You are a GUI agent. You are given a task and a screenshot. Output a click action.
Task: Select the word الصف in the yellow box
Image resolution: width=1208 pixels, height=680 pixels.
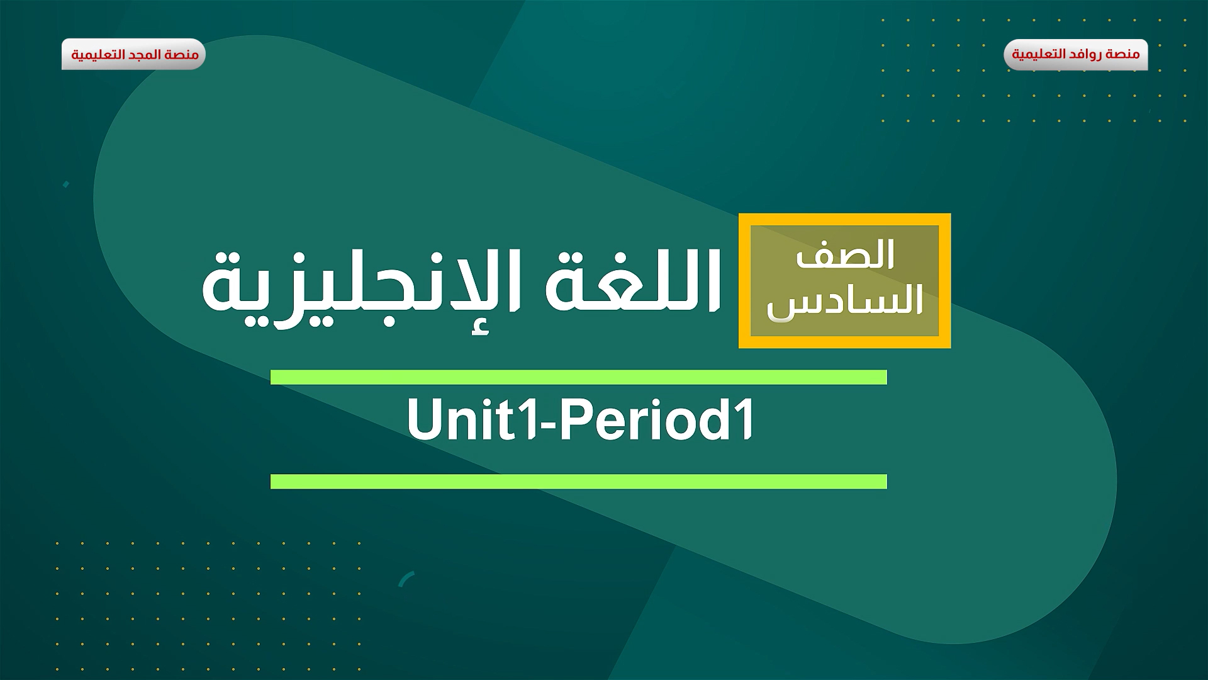click(x=845, y=256)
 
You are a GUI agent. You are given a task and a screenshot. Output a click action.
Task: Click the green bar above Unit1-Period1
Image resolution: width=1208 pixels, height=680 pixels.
click(x=578, y=377)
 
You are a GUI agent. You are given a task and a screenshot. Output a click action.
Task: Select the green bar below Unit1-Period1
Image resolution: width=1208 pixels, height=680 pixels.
click(x=578, y=482)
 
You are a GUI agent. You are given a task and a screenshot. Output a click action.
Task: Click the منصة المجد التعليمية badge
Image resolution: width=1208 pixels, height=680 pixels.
click(x=133, y=54)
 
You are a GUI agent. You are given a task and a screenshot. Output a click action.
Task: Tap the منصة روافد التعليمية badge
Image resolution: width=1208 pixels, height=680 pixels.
click(x=1075, y=54)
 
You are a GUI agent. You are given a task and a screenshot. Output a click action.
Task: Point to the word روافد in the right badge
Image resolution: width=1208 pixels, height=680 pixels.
click(x=1086, y=54)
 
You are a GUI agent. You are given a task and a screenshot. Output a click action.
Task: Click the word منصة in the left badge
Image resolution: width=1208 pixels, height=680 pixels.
click(x=183, y=54)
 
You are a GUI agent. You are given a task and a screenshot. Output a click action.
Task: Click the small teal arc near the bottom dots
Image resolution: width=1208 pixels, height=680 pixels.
click(x=406, y=579)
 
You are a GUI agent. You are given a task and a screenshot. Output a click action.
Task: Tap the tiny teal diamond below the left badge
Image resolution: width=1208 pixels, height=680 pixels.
click(x=65, y=184)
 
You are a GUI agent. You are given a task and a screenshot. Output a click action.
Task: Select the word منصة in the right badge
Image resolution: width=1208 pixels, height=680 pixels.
click(x=1124, y=54)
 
